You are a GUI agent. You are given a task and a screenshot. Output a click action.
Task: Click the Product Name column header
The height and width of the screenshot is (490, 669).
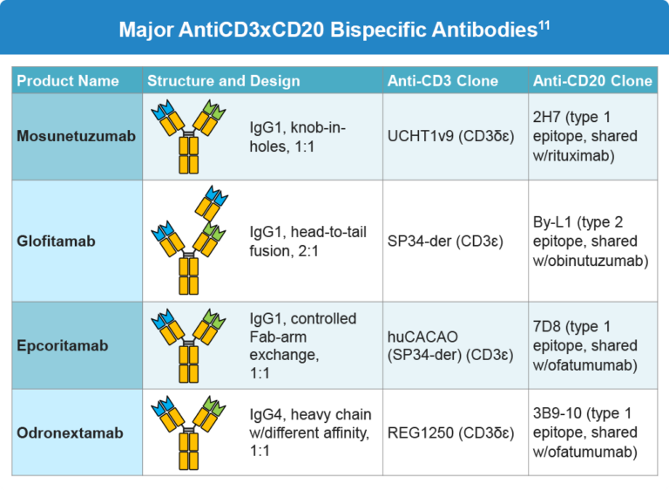68,81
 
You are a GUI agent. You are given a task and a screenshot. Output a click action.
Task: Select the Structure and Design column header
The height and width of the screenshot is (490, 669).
223,81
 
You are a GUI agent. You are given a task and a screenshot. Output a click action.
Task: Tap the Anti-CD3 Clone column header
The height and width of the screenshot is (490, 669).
443,81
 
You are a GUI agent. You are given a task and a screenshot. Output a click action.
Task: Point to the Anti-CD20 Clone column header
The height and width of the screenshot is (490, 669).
592,81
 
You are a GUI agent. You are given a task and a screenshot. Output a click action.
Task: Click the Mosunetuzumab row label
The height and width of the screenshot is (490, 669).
77,136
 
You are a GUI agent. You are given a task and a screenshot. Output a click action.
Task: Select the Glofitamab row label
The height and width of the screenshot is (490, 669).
54,241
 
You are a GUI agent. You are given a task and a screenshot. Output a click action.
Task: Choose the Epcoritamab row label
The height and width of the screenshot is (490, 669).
63,345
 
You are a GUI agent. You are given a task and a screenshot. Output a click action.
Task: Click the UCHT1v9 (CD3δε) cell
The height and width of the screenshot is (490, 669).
450,136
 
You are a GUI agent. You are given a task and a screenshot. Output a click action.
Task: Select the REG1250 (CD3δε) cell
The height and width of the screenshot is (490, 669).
450,432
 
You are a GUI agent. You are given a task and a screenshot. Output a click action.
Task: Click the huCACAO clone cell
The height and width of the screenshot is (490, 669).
450,345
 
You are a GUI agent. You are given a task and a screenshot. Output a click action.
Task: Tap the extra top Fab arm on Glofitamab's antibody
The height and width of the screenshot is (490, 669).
211,203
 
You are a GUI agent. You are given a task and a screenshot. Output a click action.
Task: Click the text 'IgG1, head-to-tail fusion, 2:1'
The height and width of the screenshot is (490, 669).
307,242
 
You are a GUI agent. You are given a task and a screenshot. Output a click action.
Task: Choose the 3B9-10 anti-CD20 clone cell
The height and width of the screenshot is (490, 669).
589,432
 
